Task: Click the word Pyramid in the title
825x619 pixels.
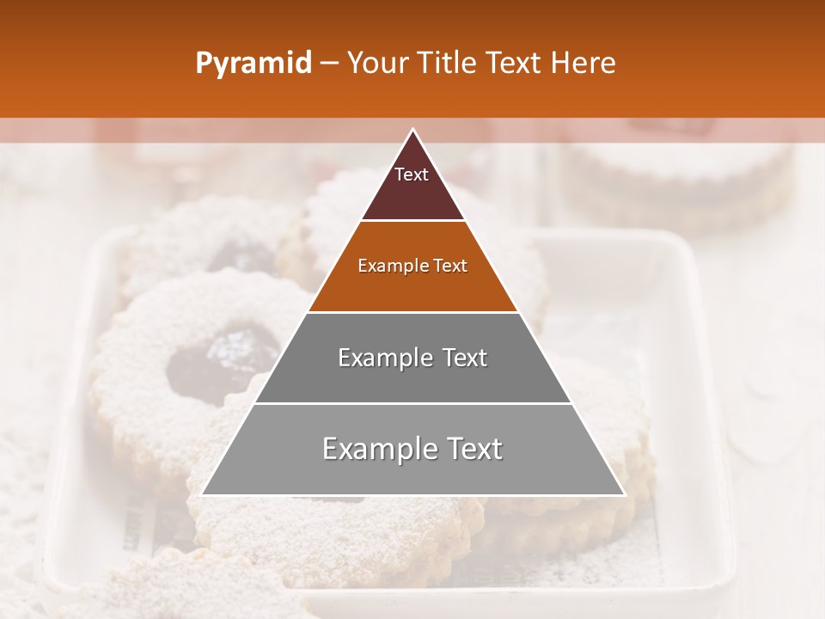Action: coord(253,64)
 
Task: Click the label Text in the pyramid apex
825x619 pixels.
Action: coord(412,175)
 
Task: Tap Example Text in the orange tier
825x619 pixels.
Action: coord(412,266)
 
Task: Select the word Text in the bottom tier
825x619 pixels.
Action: coord(474,449)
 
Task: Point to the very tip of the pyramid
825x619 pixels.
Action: coord(412,131)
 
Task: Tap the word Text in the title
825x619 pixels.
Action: coord(516,64)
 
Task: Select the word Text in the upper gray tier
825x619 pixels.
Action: coord(464,358)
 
